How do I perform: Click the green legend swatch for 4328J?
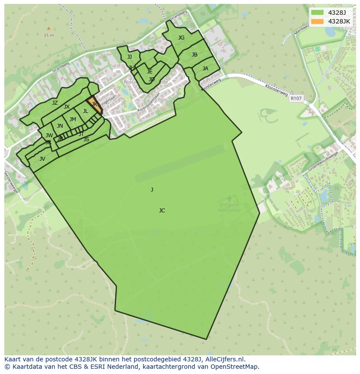[317, 12]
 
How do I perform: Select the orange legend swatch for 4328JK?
[317, 21]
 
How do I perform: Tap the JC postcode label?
[162, 211]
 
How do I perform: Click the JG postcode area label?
[181, 38]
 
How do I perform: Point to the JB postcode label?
[194, 55]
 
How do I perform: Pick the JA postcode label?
[205, 69]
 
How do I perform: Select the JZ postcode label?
[55, 103]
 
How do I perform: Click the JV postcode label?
[42, 159]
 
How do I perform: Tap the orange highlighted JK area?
[94, 105]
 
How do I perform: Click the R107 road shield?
[296, 99]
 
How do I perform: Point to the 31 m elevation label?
[49, 35]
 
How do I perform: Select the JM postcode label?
[73, 119]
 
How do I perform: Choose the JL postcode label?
[86, 111]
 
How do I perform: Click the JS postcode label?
[86, 139]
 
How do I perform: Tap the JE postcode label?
[150, 72]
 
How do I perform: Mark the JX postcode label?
[67, 107]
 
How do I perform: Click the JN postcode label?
[60, 126]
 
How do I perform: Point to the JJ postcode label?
[130, 57]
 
